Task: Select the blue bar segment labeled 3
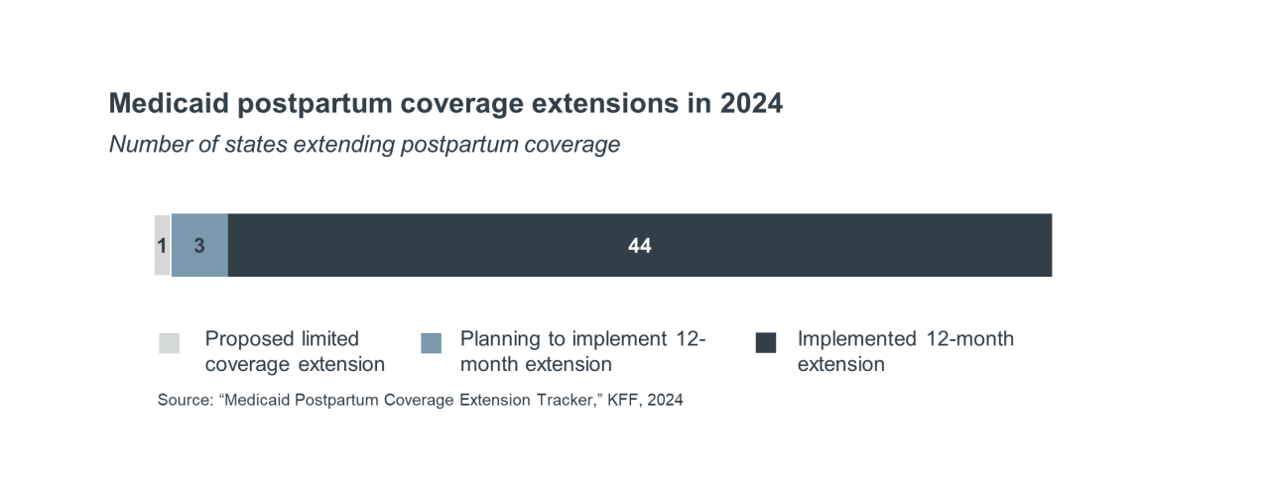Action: [199, 245]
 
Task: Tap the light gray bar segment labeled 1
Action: [163, 245]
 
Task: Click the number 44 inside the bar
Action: [640, 245]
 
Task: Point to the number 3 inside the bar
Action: [199, 245]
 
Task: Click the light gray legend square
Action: [170, 343]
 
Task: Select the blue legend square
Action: [431, 343]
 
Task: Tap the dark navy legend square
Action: [766, 343]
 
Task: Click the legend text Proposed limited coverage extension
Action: [295, 352]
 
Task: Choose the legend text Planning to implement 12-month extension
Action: [582, 352]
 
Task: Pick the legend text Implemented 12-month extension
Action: [905, 352]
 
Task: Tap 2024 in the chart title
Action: [751, 103]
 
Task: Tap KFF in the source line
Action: [625, 401]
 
